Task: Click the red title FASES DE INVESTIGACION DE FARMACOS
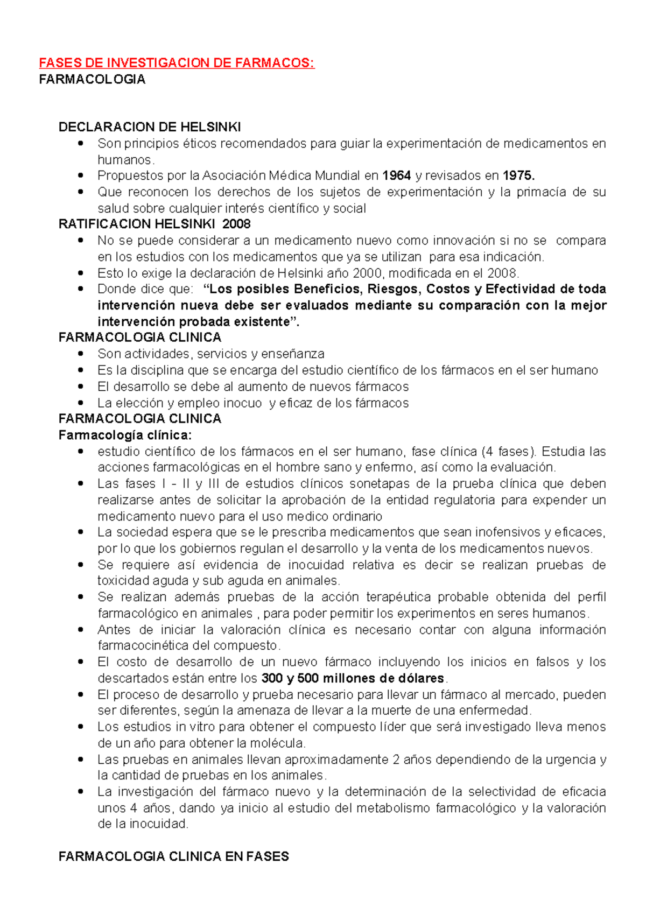(x=177, y=63)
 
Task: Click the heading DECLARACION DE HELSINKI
(x=150, y=127)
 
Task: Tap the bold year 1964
(x=397, y=175)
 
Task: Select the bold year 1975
(x=518, y=175)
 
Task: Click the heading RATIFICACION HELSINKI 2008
(x=155, y=224)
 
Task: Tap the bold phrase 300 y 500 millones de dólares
(x=353, y=678)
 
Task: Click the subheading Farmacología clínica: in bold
(x=125, y=435)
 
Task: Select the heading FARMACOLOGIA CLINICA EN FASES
(x=173, y=856)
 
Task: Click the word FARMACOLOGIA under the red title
(x=92, y=80)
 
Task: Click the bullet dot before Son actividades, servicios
(x=81, y=354)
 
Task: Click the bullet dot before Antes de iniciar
(x=81, y=629)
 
